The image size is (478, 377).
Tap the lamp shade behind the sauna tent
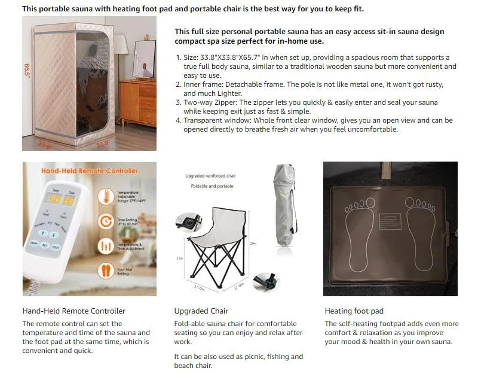(x=120, y=43)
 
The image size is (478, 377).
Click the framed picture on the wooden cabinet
(x=143, y=59)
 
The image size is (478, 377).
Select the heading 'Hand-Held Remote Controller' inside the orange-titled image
(x=89, y=171)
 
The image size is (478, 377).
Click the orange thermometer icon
(x=106, y=196)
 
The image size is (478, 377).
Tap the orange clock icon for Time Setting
(x=106, y=221)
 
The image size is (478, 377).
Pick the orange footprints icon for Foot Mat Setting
(x=106, y=271)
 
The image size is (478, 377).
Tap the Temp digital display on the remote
(x=54, y=199)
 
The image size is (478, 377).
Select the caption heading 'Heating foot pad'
(x=354, y=311)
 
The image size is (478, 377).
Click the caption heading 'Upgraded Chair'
(x=201, y=311)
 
